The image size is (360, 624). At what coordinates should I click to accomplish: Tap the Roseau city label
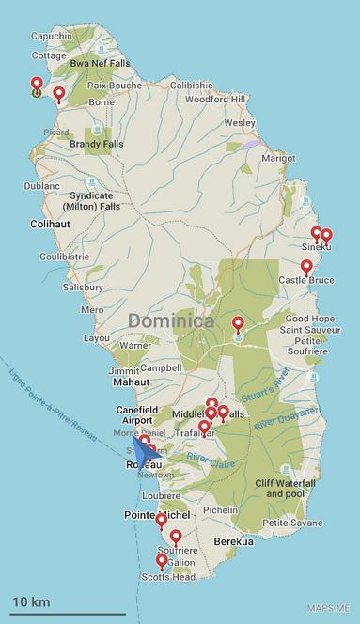[x=144, y=464]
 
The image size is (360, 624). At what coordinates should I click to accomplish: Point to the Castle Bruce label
[x=305, y=280]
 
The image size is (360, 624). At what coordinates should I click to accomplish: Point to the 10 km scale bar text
[x=31, y=601]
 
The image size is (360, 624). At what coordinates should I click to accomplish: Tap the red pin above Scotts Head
[x=162, y=561]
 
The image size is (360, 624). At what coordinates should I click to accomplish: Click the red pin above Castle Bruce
[x=305, y=267]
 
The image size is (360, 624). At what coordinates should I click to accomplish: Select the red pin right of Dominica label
[x=238, y=324]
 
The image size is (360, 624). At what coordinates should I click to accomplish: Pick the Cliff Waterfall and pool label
[x=292, y=488]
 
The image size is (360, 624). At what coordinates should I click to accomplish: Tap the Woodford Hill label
[x=215, y=99]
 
